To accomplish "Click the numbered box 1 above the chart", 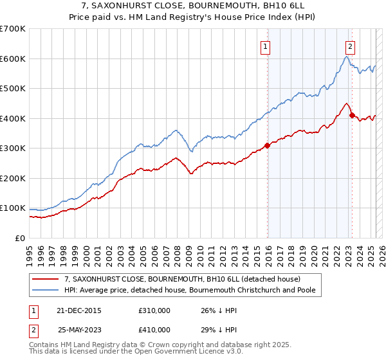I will (266, 46).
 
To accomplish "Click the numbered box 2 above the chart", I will (350, 46).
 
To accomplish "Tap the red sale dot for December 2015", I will (267, 145).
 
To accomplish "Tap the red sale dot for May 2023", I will (351, 116).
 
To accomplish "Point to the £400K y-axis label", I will (13, 118).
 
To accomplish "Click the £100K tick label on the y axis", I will (13, 208).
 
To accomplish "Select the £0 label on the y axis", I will (21, 238).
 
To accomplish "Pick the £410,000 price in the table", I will (154, 330).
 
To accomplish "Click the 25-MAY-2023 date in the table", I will (80, 330).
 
